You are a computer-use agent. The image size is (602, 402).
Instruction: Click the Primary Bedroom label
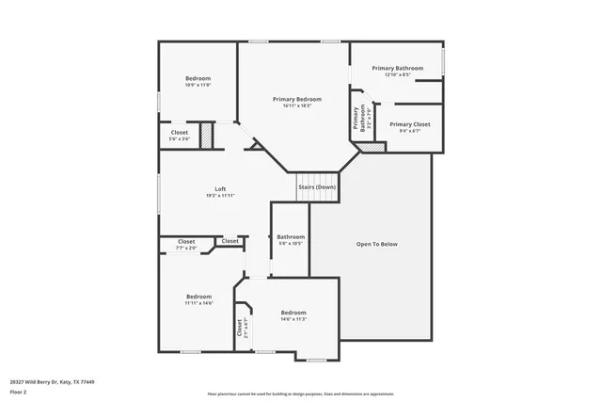tap(297, 99)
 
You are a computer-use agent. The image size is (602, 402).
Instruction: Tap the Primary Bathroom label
tap(396, 68)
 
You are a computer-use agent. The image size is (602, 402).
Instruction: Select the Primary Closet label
tap(409, 124)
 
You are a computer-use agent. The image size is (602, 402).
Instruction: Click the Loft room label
tap(220, 189)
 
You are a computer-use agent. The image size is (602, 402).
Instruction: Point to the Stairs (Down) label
tap(317, 187)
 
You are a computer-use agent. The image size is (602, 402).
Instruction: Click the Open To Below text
tap(376, 244)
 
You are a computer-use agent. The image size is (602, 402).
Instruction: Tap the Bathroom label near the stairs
tap(291, 236)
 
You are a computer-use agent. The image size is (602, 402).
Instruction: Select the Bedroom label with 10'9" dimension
tap(198, 78)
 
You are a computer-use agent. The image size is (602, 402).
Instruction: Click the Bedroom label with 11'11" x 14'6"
tap(198, 297)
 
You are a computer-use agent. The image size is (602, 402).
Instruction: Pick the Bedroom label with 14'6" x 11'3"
tap(293, 313)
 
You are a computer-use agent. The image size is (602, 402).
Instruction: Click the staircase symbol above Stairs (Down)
tap(317, 177)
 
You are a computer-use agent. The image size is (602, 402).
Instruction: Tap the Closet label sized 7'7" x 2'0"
tap(186, 242)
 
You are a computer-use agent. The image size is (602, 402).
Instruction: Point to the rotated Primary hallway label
tap(356, 117)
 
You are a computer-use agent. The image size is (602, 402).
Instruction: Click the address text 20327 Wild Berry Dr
tap(52, 382)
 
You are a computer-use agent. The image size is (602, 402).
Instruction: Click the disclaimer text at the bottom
tap(300, 394)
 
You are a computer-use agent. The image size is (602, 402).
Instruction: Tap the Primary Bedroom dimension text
tap(297, 105)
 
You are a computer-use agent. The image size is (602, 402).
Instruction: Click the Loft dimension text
tap(220, 195)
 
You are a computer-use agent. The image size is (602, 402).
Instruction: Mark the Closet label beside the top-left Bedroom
tap(179, 133)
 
